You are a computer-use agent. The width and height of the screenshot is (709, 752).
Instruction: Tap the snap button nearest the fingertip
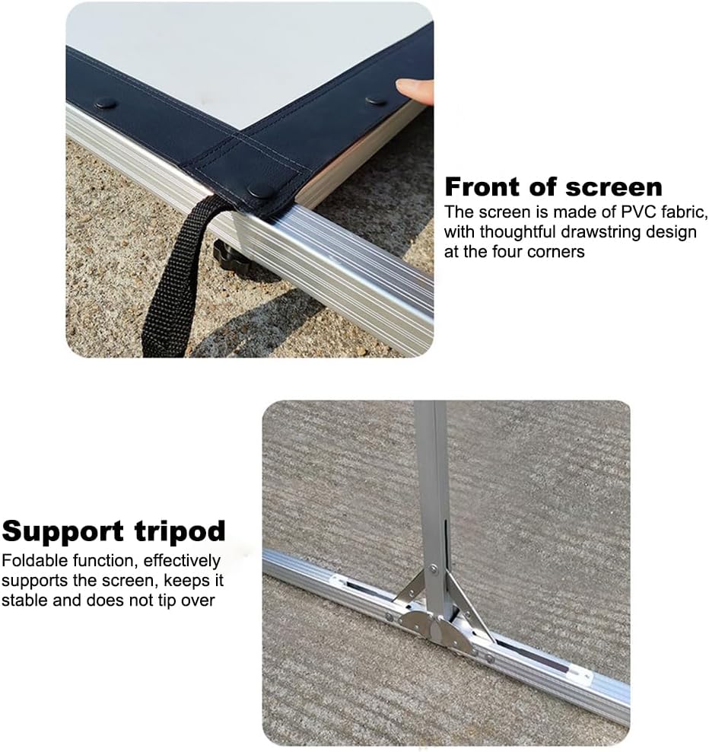[377, 101]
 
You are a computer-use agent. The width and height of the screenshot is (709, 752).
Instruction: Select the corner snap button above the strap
[261, 191]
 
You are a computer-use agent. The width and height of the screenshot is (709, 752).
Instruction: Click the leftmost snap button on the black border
[106, 103]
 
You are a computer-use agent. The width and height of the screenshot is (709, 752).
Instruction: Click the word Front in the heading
[483, 186]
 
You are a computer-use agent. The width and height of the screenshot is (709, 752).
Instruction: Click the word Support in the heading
[63, 532]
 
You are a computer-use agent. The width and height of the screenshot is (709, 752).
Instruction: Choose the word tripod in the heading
[180, 532]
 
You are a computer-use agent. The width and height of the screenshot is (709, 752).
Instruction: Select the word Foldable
[35, 561]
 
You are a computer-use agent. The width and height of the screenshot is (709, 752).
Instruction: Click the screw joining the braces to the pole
[434, 570]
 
